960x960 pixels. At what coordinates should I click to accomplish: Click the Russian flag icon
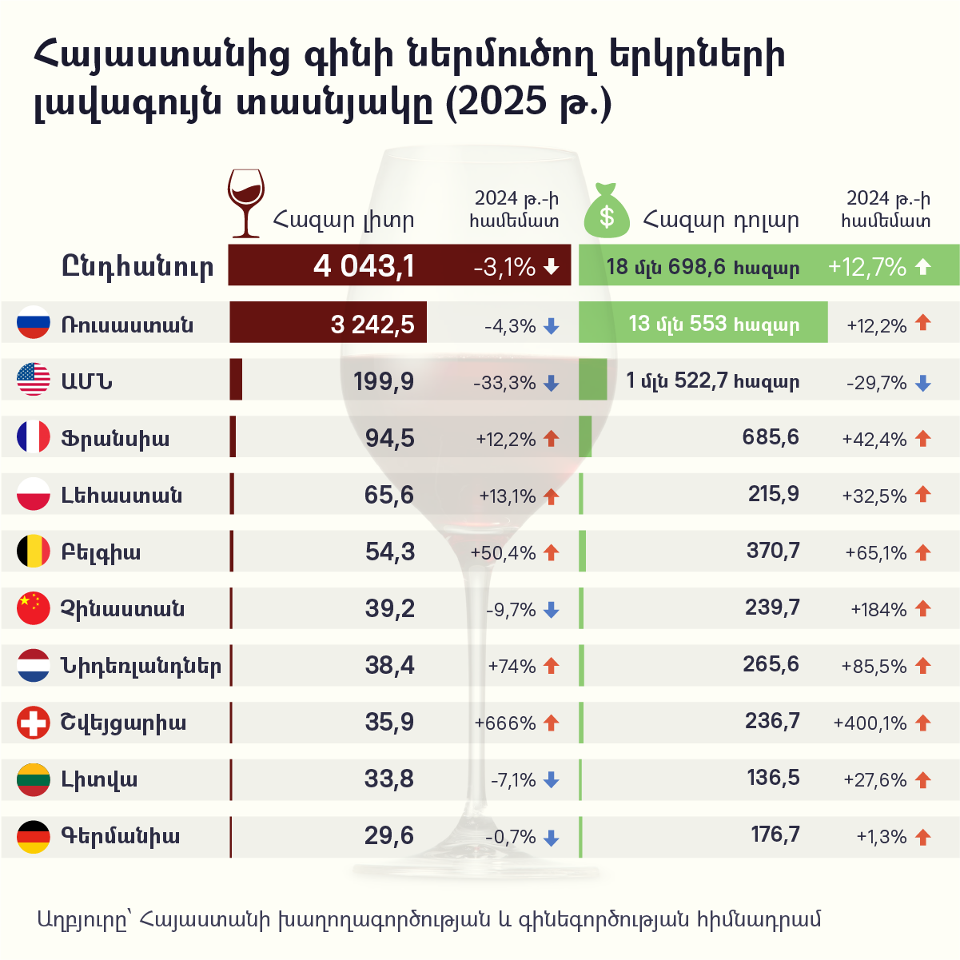point(34,323)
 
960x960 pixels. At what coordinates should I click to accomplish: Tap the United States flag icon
point(34,380)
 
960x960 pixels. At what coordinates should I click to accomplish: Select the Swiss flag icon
point(34,723)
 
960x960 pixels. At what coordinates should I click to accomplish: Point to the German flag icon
point(34,836)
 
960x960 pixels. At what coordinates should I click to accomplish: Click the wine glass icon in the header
point(245,203)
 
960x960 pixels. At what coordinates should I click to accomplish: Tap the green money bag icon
point(607,211)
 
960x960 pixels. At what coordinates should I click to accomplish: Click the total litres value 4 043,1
point(364,265)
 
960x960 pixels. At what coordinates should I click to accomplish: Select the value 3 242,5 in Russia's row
point(372,324)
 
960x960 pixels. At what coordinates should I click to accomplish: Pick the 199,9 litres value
point(384,381)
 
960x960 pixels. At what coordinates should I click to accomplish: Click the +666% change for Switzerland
point(505,723)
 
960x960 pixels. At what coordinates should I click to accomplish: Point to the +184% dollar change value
point(878,610)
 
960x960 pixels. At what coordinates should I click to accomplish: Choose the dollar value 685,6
point(771,437)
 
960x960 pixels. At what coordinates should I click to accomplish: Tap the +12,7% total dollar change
point(867,266)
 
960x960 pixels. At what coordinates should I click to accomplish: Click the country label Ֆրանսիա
point(115,438)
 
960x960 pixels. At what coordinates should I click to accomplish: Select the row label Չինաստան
point(122,609)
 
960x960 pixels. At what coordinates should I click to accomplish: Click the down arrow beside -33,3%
point(551,384)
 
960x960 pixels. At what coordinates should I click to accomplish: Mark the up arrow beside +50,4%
point(551,552)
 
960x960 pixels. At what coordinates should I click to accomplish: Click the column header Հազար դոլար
point(720,220)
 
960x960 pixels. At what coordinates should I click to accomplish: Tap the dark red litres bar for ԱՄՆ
point(236,380)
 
